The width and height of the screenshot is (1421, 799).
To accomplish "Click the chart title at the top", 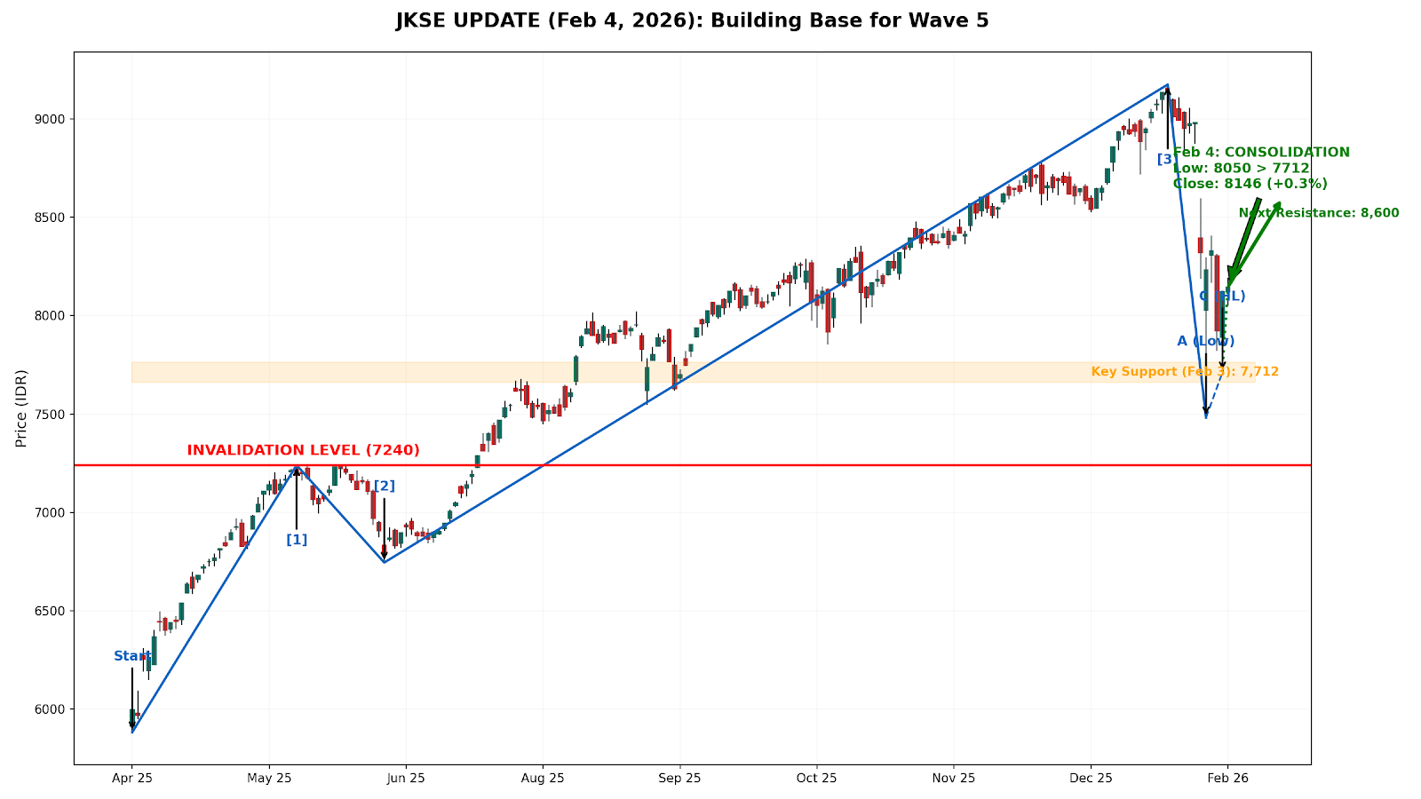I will click(692, 20).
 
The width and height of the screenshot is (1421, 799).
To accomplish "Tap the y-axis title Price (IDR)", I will click(21, 407).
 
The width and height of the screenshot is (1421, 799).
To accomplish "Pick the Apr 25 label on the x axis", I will click(132, 779).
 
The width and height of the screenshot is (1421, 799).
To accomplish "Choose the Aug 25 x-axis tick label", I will click(543, 779).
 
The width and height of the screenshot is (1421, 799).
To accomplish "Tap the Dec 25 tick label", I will click(1091, 779).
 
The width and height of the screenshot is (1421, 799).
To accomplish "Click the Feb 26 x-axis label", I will click(1227, 779).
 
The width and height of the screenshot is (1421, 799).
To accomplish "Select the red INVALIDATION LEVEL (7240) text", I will click(303, 450).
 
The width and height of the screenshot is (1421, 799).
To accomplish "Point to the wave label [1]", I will click(297, 540).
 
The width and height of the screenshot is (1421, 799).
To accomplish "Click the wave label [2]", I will click(385, 486).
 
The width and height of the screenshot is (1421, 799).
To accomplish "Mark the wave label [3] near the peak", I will click(1167, 159).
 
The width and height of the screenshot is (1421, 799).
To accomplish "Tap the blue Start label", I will click(131, 656).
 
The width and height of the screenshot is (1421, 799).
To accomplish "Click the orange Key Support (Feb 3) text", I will click(1185, 371).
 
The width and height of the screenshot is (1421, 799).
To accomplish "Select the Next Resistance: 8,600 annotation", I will click(1319, 213).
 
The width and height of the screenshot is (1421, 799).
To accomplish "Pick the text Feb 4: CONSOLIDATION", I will click(1261, 153).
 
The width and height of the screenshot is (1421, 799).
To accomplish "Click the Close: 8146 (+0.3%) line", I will click(1250, 184).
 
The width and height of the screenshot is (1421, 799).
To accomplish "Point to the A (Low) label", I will click(1205, 341).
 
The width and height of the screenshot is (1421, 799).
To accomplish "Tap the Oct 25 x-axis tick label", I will click(816, 779).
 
